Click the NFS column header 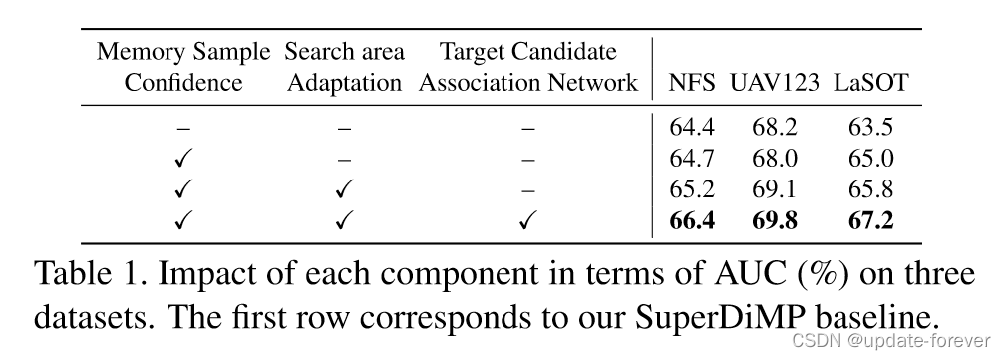pos(692,83)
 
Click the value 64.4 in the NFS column pos(692,128)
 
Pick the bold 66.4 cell pos(692,220)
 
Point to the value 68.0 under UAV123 pos(774,159)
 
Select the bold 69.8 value pos(774,220)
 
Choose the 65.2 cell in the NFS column pos(692,189)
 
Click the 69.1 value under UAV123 pos(774,189)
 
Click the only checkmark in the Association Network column pos(528,221)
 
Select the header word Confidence pos(182,83)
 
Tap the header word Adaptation pos(344,83)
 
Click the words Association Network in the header pos(528,83)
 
